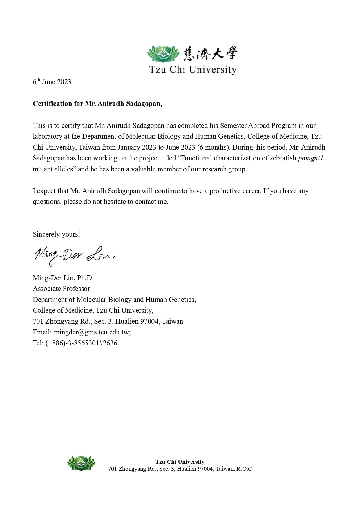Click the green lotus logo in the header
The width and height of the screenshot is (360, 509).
[x=162, y=54]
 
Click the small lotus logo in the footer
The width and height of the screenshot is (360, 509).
[x=81, y=463]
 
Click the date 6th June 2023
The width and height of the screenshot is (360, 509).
[x=52, y=82]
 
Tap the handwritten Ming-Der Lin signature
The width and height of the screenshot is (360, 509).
[x=74, y=256]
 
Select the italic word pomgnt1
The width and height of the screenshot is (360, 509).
[x=310, y=158]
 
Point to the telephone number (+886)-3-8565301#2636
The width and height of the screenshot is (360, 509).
[x=81, y=343]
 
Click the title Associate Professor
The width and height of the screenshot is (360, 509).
[x=61, y=289]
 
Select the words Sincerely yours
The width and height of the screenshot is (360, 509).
[x=56, y=235]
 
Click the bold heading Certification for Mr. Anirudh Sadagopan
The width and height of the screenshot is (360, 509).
[x=97, y=104]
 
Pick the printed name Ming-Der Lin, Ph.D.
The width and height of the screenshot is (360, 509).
[x=63, y=278]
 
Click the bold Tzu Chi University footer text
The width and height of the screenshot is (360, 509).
[x=180, y=462]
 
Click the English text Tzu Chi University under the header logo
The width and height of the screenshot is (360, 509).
[x=193, y=70]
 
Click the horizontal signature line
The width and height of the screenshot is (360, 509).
[x=82, y=272]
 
